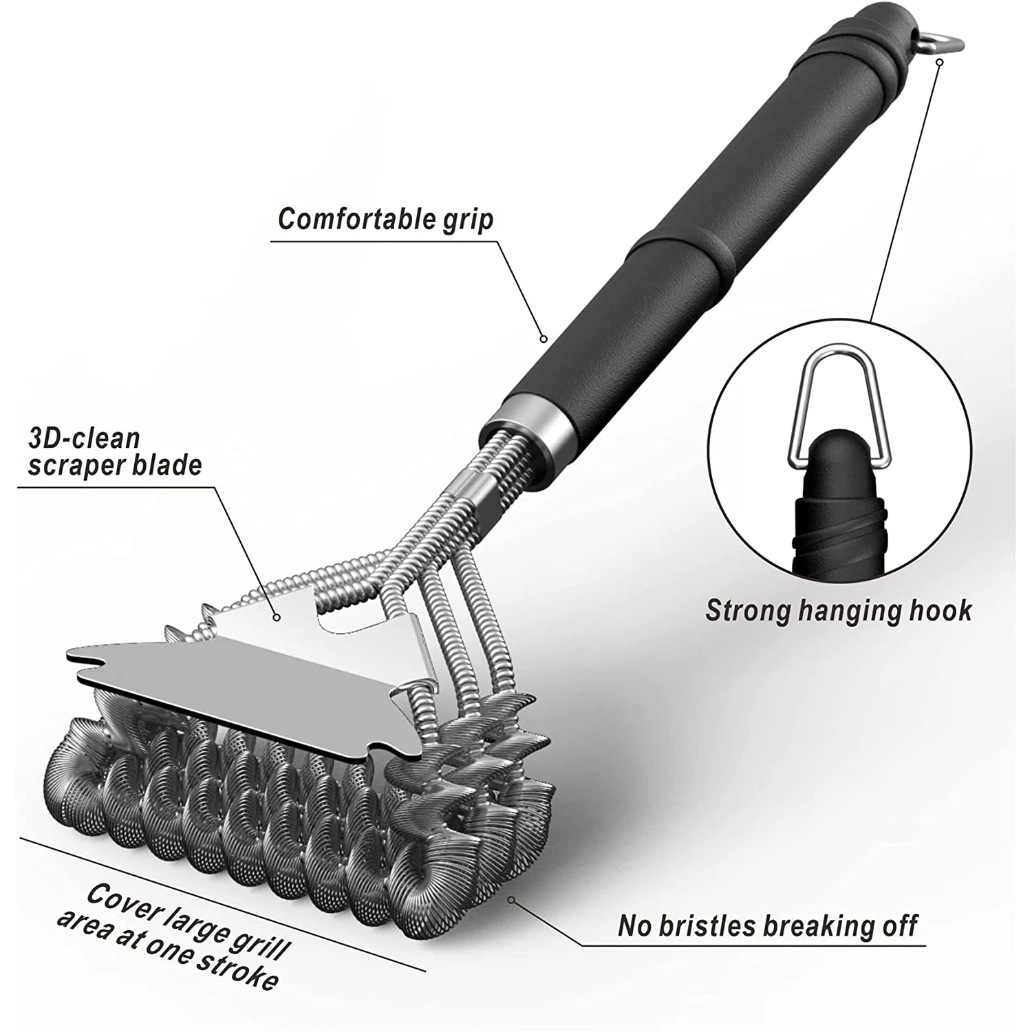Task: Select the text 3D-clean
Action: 84,438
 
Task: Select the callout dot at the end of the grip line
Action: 543,338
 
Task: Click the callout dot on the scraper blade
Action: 277,618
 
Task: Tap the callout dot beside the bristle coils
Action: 510,899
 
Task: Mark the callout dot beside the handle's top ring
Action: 939,62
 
